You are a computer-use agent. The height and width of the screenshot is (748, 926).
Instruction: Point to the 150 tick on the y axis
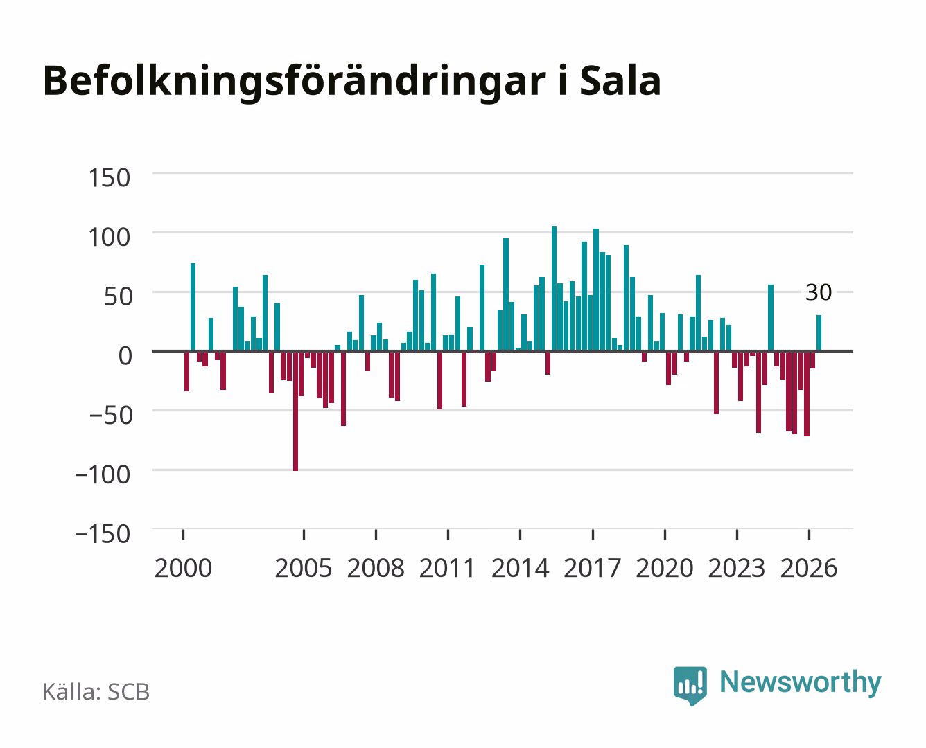[x=109, y=178]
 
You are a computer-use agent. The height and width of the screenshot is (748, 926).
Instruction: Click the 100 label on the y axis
[x=109, y=237]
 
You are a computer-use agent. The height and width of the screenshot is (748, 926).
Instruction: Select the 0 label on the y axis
[x=125, y=356]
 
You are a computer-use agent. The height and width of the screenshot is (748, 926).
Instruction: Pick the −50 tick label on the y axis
[x=111, y=416]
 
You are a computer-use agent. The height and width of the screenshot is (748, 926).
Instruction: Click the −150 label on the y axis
[x=103, y=534]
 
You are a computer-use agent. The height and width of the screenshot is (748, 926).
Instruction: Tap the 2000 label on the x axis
[x=183, y=568]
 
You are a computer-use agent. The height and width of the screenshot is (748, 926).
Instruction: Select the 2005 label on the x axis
[x=304, y=568]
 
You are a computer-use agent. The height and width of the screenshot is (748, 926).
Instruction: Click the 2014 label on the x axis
[x=521, y=568]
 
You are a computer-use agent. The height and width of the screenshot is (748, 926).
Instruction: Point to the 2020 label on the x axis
[x=665, y=568]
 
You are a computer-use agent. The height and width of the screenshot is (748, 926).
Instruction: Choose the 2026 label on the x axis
[x=809, y=568]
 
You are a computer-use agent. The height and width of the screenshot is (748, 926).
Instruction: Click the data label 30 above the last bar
[x=819, y=292]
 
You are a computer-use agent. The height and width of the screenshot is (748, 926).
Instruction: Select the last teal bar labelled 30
[x=819, y=332]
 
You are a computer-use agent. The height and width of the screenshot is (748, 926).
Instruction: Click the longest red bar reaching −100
[x=296, y=411]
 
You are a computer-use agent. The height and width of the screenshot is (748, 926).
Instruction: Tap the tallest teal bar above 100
[x=554, y=288]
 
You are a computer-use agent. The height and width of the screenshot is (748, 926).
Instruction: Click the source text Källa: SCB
[x=96, y=692]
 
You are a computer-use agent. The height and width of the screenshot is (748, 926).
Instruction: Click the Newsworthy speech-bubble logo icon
[x=690, y=686]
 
